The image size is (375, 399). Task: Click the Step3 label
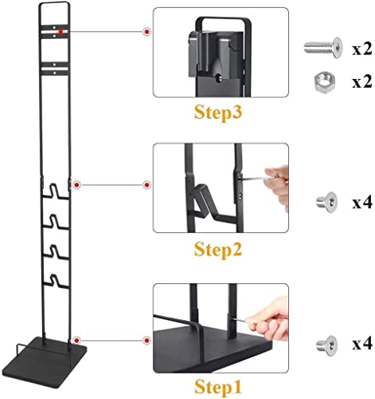pyautogui.click(x=218, y=113)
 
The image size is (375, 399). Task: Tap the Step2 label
pyautogui.click(x=218, y=250)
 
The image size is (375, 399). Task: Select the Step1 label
pyautogui.click(x=218, y=386)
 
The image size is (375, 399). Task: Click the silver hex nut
pyautogui.click(x=324, y=82)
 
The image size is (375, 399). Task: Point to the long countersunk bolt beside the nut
pyautogui.click(x=323, y=48)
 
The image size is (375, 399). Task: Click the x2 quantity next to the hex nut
pyautogui.click(x=361, y=82)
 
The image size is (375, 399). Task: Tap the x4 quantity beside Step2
pyautogui.click(x=361, y=203)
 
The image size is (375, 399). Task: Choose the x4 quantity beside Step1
pyautogui.click(x=361, y=345)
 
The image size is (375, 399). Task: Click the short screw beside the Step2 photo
pyautogui.click(x=326, y=202)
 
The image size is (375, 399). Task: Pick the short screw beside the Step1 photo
pyautogui.click(x=326, y=346)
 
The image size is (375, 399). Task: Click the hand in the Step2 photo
pyautogui.click(x=278, y=186)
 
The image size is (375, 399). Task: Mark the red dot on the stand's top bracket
pyautogui.click(x=61, y=32)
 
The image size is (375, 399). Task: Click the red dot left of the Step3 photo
pyautogui.click(x=146, y=32)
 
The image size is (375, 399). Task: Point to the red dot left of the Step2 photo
pyautogui.click(x=146, y=184)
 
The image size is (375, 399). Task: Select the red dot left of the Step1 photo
pyautogui.click(x=146, y=340)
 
